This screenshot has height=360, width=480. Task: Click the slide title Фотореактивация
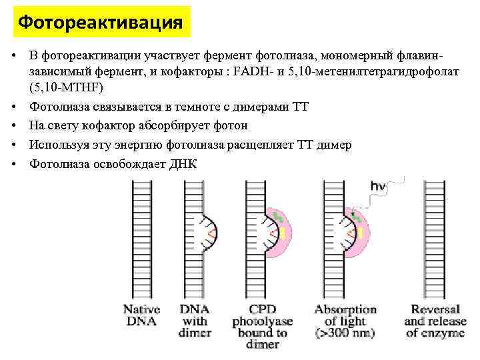tap(101, 23)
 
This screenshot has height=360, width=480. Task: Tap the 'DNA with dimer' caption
tap(195, 321)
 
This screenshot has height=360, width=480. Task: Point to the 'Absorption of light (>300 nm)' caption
tap(345, 321)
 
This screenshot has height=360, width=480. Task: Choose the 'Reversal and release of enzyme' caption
tap(435, 321)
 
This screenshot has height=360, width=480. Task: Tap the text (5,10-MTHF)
tap(67, 87)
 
